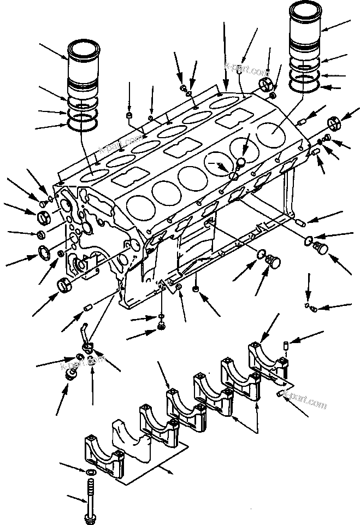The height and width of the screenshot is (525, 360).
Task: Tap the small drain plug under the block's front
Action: pos(162,326)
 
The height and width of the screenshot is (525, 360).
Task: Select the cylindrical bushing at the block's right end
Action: pos(333,122)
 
